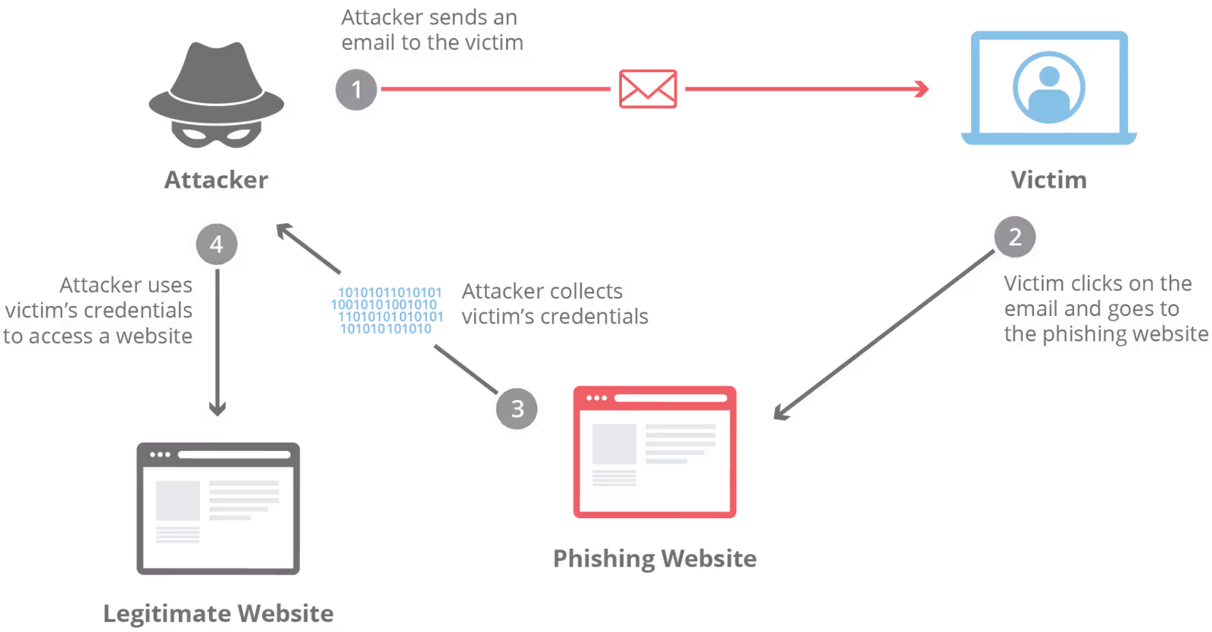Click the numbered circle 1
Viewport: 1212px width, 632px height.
tap(356, 90)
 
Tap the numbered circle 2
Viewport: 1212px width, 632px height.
tap(1015, 237)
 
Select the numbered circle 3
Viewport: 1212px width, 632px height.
tap(517, 408)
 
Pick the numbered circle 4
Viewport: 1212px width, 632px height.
tap(217, 244)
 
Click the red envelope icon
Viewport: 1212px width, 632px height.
tap(648, 89)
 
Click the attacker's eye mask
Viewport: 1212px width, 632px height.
tap(217, 134)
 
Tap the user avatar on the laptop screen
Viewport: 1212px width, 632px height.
tap(1048, 88)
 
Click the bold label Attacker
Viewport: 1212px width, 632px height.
tap(216, 180)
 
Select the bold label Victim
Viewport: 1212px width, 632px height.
tap(1048, 180)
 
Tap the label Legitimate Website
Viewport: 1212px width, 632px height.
tap(218, 614)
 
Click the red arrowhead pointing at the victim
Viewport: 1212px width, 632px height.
tap(922, 89)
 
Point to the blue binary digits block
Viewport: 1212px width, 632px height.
tap(387, 311)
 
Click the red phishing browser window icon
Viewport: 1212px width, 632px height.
tap(654, 452)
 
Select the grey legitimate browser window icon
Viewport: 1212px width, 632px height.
tap(218, 508)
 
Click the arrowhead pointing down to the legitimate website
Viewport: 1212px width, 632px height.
tap(217, 408)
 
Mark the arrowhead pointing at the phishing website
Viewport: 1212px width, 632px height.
tap(782, 413)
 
